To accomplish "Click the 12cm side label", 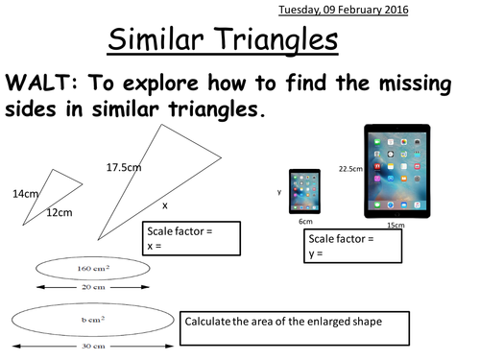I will [x=60, y=212].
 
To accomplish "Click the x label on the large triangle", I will [x=164, y=204].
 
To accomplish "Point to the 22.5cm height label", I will [x=349, y=169].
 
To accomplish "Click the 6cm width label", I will [x=305, y=222].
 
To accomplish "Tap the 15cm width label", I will [x=394, y=226].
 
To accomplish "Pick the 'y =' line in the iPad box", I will [x=317, y=253].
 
